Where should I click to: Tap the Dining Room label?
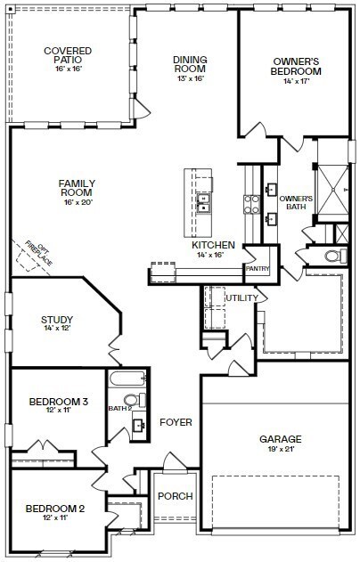pos(190,65)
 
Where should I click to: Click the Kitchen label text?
pos(213,245)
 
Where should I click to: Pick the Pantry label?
pos(258,268)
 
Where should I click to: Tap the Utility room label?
pos(241,297)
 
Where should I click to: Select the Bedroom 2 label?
pos(54,509)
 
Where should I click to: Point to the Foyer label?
pos(176,422)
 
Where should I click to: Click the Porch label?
pos(175,496)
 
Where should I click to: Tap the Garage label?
pos(280,439)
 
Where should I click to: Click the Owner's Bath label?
pos(296,203)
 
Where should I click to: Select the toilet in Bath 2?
pos(133,399)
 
